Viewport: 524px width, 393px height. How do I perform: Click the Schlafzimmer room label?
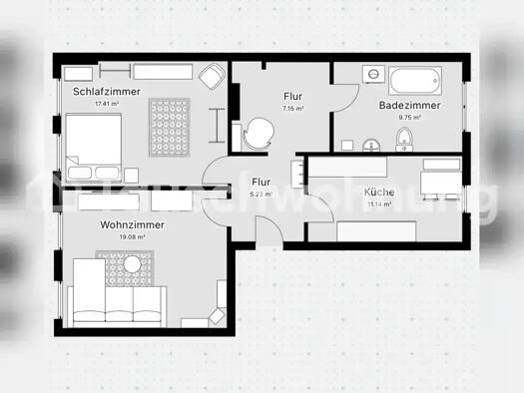tap(107, 92)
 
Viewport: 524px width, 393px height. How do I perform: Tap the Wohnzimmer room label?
tap(132, 225)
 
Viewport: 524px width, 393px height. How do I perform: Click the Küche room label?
tap(379, 192)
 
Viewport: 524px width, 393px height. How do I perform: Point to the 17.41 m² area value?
tap(107, 104)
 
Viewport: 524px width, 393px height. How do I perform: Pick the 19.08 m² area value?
tap(132, 238)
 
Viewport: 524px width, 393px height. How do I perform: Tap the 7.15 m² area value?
tap(292, 108)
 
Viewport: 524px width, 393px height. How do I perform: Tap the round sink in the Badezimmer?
tap(370, 143)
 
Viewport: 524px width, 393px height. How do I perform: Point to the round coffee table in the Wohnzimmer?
tap(133, 264)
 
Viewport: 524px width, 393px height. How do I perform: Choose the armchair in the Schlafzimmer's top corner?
tap(212, 76)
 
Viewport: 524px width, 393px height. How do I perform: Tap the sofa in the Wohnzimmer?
tap(118, 300)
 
